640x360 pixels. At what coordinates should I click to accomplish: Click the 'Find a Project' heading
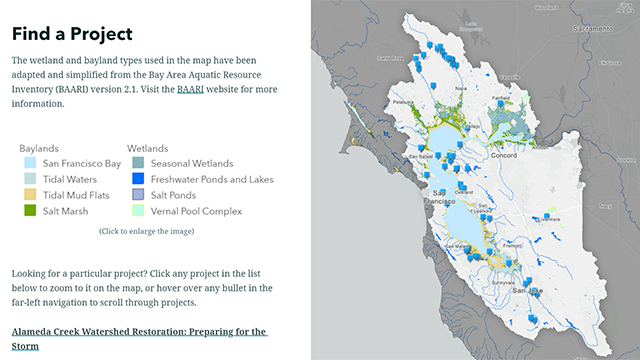point(72,34)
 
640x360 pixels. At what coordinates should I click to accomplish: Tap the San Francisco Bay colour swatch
point(31,163)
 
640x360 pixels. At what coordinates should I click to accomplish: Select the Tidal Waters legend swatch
point(31,179)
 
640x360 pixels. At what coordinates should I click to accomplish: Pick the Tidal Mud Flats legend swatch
point(31,195)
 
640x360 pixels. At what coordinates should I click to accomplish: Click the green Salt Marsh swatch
point(31,211)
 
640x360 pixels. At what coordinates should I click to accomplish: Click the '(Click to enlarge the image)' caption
point(146,231)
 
